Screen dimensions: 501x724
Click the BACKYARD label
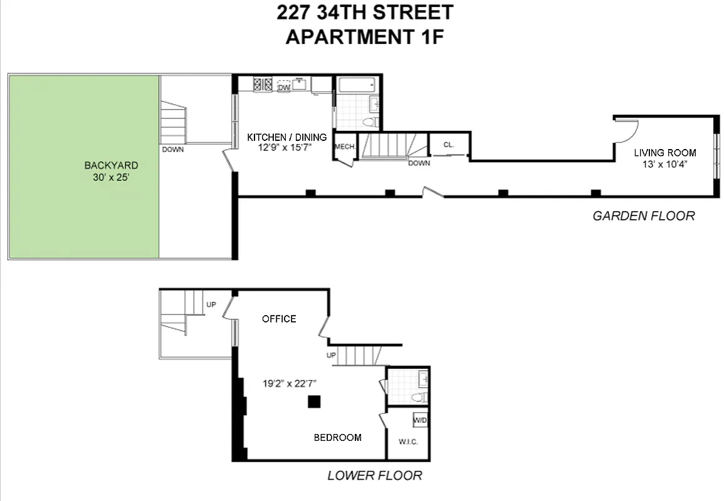(x=111, y=165)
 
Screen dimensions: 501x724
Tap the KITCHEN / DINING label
(x=286, y=137)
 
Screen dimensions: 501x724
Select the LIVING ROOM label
(x=664, y=152)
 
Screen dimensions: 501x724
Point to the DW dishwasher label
(x=284, y=88)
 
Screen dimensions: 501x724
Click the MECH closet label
(x=344, y=147)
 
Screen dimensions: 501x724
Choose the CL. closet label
(x=448, y=144)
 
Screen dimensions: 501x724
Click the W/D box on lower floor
(x=420, y=420)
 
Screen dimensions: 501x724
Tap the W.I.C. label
(x=408, y=442)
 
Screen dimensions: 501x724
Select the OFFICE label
(x=279, y=319)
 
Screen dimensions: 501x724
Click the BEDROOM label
(x=337, y=437)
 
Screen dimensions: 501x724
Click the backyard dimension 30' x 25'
(x=111, y=177)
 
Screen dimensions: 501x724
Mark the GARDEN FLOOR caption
(x=644, y=216)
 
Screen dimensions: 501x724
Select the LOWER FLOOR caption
(x=374, y=475)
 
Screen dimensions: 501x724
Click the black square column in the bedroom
(x=314, y=401)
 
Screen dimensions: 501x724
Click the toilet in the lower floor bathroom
(x=419, y=397)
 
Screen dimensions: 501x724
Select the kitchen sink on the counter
(x=300, y=84)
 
